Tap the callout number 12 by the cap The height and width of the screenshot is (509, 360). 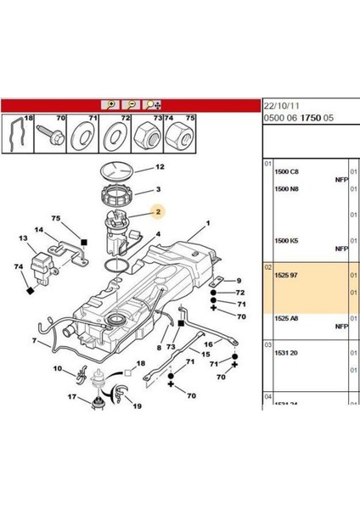(x=159, y=167)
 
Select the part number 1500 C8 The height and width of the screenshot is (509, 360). (x=288, y=172)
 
